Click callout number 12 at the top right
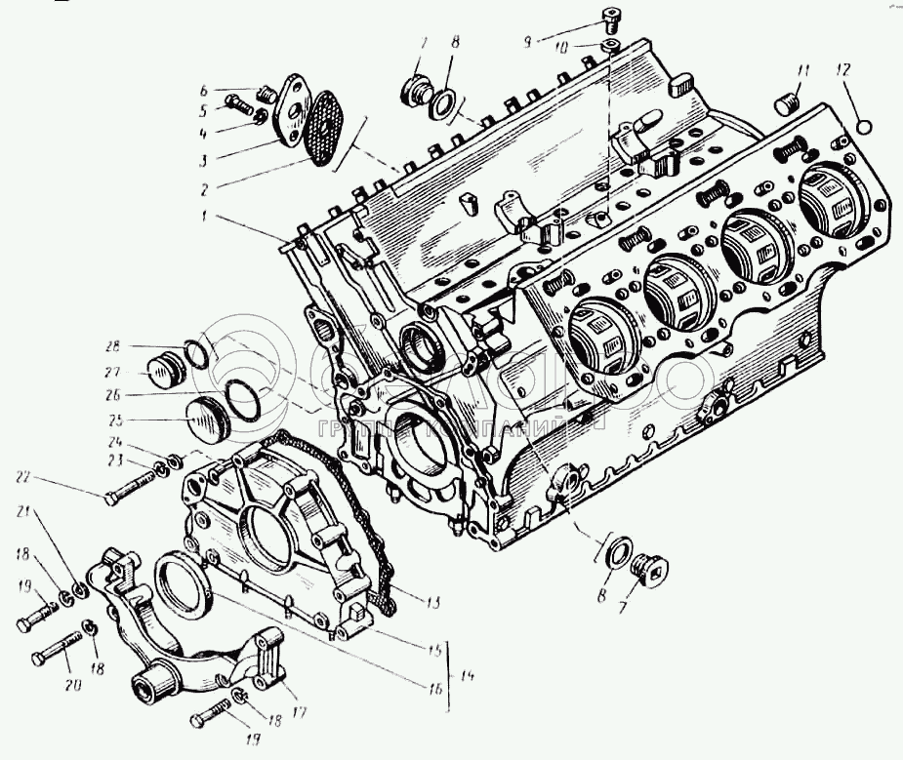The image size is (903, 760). pos(842,69)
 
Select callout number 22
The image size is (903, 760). pos(23,476)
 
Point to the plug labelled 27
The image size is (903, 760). pos(162,372)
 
